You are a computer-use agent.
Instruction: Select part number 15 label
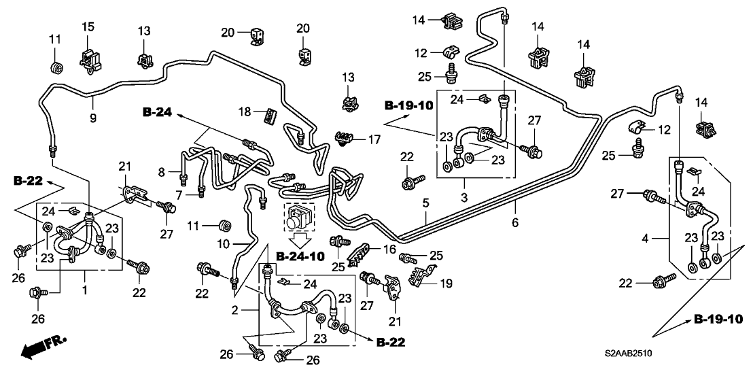tap(88, 27)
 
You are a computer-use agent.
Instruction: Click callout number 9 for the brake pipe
tap(93, 118)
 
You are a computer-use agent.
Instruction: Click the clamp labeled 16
tap(357, 254)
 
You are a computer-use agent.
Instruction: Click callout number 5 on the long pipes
tap(425, 202)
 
